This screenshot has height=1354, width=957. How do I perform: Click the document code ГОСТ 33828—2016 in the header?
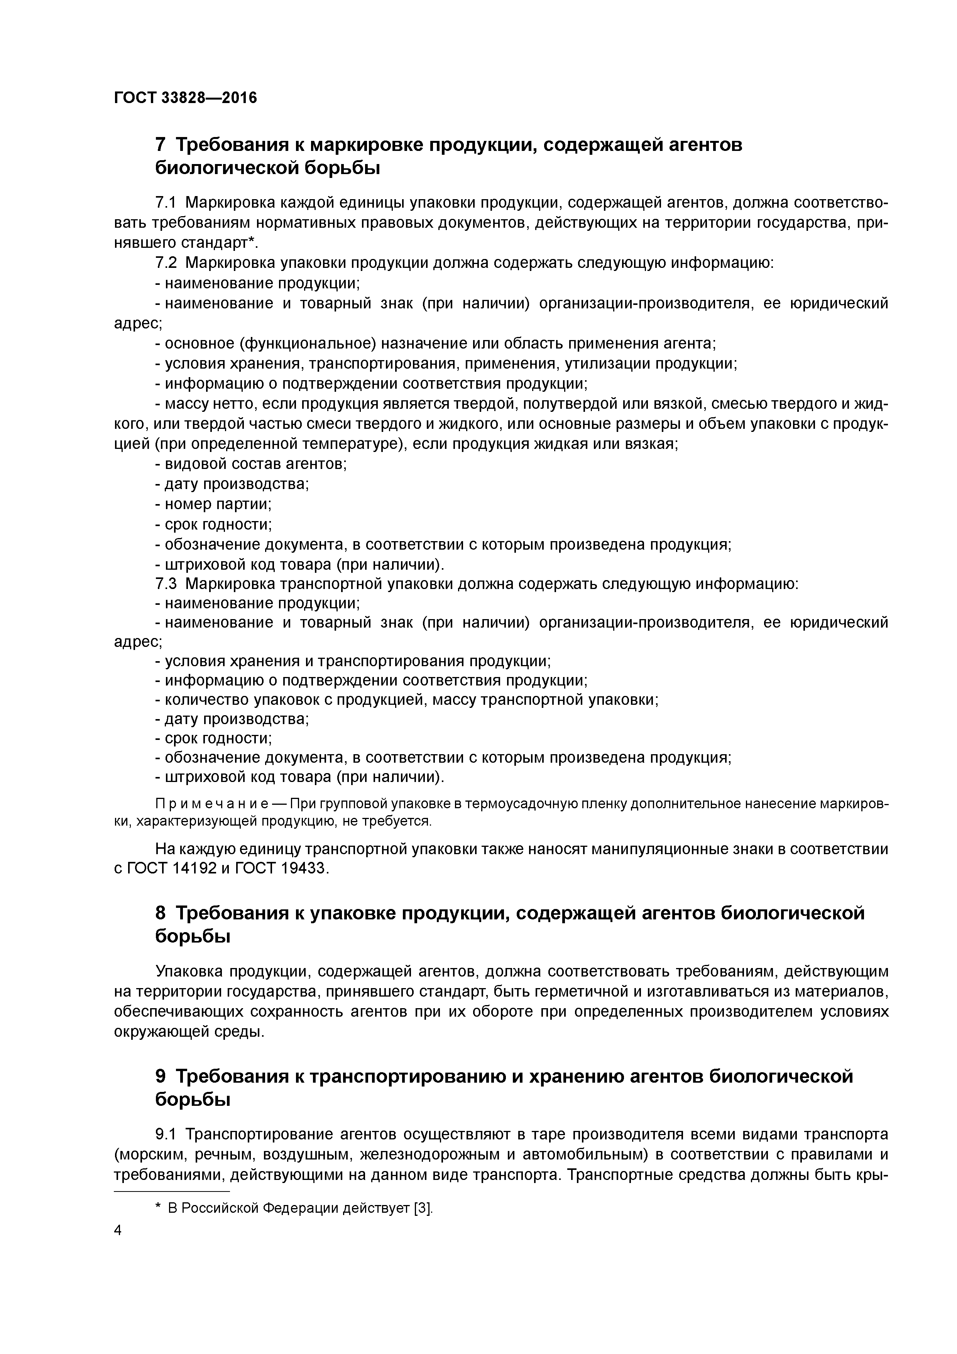click(x=186, y=97)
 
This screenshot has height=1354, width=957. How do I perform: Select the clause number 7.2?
click(x=166, y=263)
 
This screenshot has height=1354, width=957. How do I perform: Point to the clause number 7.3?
click(x=166, y=584)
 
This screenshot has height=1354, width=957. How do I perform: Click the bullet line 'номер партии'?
click(x=213, y=504)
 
